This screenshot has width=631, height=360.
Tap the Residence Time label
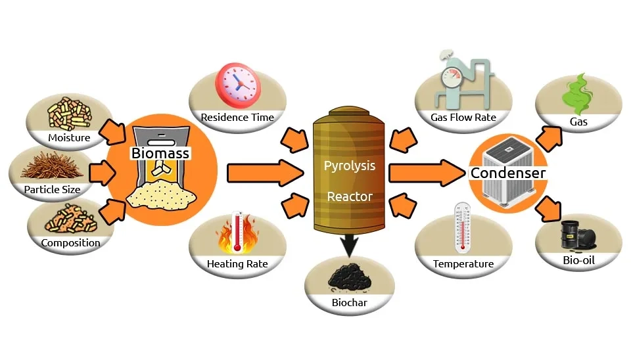(237, 118)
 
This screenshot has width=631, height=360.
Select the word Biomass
(160, 154)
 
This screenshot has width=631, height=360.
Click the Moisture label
(69, 138)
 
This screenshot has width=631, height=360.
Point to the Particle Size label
(53, 190)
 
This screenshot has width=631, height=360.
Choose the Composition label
(70, 242)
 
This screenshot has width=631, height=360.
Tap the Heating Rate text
(237, 264)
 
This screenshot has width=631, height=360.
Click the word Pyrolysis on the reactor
(350, 166)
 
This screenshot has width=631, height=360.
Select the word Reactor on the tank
(350, 196)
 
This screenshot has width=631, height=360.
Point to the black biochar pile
(350, 279)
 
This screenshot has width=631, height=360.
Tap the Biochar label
(350, 304)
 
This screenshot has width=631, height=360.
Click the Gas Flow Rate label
(463, 118)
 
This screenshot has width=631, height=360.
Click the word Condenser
(507, 173)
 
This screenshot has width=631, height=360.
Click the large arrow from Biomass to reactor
(263, 173)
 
